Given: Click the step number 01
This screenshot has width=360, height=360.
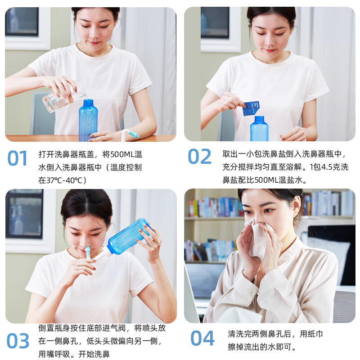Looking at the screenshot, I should coord(18,158).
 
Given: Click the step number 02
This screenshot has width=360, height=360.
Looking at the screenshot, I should coord(199,157).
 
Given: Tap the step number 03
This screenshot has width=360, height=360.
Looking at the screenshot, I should coord(18,342).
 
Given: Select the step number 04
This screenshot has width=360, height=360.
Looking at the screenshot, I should coord(202,338).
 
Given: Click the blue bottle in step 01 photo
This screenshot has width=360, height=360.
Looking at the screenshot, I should coord(88,121).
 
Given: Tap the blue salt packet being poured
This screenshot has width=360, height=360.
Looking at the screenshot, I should coord(251,108).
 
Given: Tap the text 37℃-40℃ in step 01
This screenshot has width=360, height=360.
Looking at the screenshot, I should coord(67,180).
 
